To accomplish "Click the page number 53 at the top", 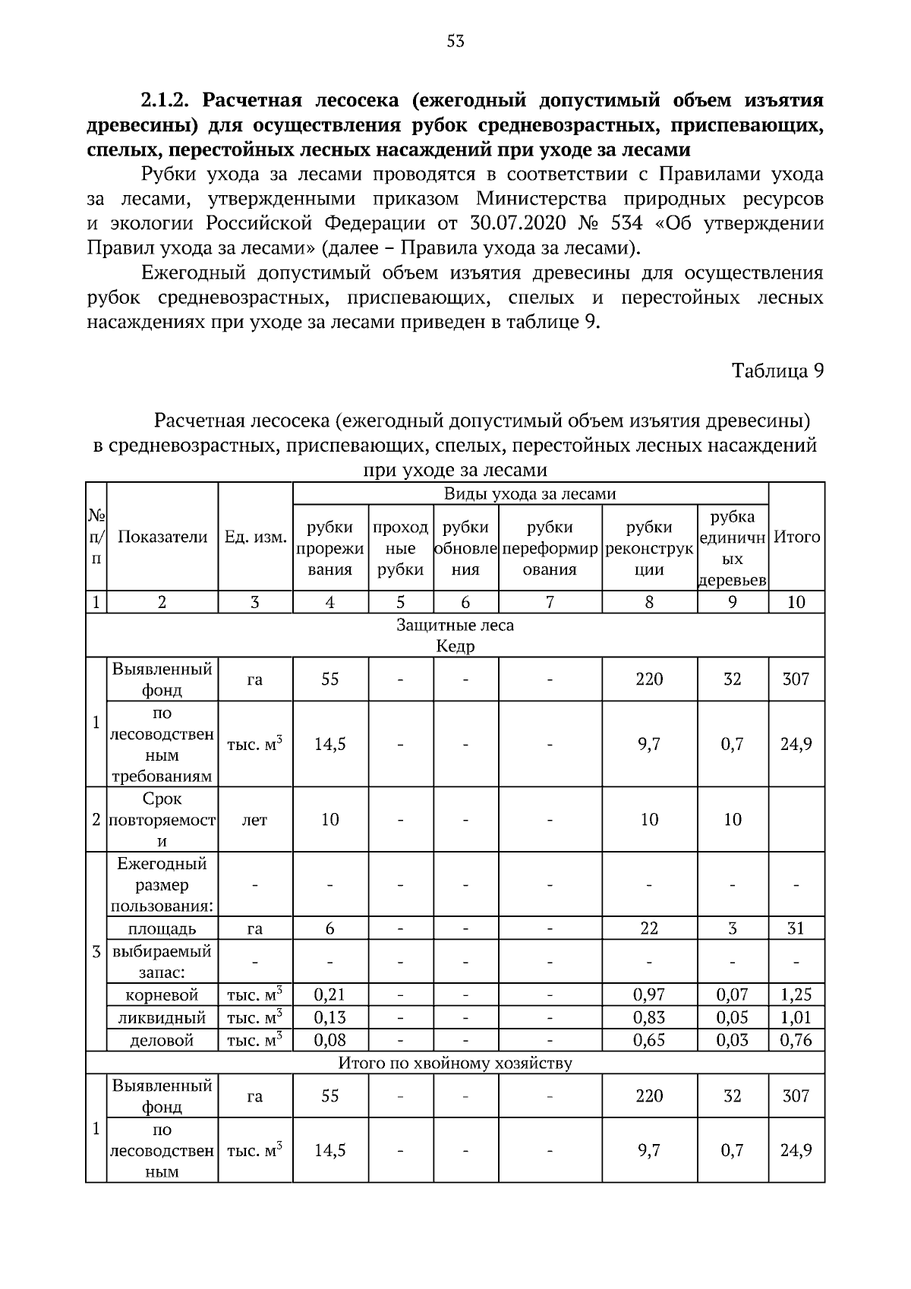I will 455,42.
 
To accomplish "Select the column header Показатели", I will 162,537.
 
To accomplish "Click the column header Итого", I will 796,537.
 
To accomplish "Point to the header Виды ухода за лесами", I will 530,494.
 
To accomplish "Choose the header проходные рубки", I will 401,548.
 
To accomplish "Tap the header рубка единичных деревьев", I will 733,548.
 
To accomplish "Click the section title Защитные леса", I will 455,625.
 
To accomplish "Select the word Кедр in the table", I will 455,646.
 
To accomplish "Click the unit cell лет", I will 254,820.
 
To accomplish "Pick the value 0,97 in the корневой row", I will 649,994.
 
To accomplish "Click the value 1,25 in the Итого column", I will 796,994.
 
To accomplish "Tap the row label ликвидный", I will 162,1017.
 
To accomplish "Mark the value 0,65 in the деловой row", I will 649,1040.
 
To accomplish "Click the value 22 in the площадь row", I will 649,928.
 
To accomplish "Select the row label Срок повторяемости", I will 162,820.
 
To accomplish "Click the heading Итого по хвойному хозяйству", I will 455,1062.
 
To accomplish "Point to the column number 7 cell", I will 550,602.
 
